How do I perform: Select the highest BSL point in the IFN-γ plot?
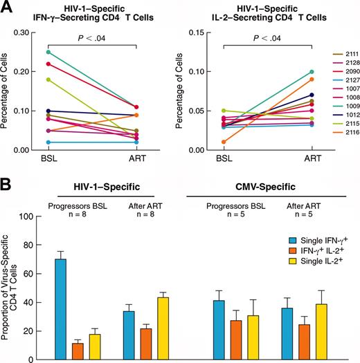click(x=66, y=52)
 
